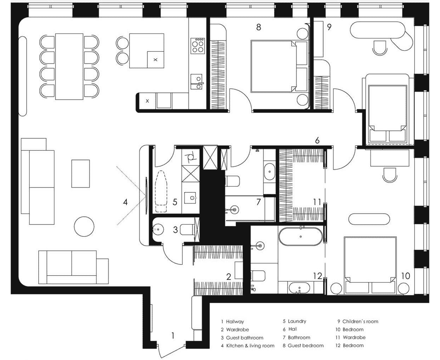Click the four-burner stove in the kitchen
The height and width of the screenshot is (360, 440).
coord(198,46)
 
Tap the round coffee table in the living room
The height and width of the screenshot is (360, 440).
coord(84,227)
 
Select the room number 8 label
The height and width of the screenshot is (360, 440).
coord(258,27)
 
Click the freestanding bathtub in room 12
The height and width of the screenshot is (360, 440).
coord(301,236)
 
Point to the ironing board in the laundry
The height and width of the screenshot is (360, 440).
coord(161,192)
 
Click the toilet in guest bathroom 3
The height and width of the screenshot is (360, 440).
coord(187,230)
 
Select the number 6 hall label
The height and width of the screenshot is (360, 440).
coord(317,141)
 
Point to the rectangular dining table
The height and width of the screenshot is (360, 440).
coord(69,67)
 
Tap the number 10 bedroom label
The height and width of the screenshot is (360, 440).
coord(406,276)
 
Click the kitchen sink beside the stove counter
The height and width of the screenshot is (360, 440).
coord(197,82)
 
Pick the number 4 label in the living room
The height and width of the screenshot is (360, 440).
coord(125,202)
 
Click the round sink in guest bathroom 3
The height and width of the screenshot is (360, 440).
coord(158,229)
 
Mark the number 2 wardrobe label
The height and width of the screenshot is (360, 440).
coord(229,277)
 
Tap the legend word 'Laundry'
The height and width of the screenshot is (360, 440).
coord(297,321)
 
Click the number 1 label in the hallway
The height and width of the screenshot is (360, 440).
coord(173,336)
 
